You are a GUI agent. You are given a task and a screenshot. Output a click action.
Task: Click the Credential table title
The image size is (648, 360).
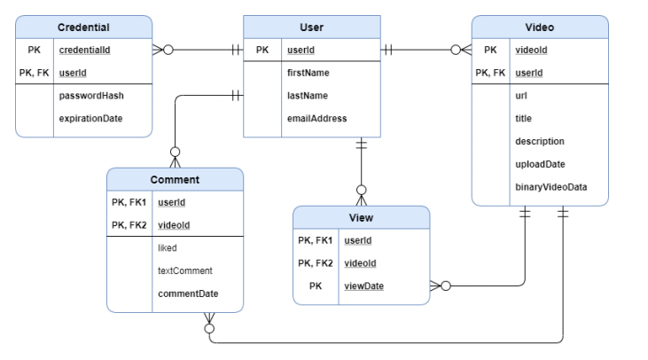[83, 28]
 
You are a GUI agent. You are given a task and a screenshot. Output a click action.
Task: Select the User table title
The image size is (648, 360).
[311, 28]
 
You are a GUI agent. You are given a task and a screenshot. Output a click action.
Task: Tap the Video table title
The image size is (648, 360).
[539, 28]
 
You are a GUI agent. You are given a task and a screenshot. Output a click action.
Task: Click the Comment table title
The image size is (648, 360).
[174, 180]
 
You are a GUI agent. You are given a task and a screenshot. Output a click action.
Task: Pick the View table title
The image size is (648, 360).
[361, 218]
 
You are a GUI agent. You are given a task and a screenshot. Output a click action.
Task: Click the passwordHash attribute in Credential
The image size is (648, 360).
[90, 96]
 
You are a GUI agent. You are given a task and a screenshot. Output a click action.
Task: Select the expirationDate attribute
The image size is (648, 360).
[90, 118]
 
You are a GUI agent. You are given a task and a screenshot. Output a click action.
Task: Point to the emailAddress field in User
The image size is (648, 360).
[316, 118]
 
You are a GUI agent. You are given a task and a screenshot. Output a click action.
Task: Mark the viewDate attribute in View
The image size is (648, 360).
[363, 286]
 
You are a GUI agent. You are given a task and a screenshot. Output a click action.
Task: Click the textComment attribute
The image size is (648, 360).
[183, 270]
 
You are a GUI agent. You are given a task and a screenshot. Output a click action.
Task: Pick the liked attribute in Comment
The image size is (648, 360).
[168, 248]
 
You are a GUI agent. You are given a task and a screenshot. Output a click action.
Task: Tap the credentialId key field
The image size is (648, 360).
[87, 50]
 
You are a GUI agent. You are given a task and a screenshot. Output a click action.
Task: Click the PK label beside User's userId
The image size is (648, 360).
[262, 50]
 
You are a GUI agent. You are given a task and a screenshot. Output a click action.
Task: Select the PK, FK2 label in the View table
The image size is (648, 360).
[315, 263]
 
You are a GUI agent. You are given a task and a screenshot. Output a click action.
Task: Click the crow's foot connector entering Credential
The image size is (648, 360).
[160, 51]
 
